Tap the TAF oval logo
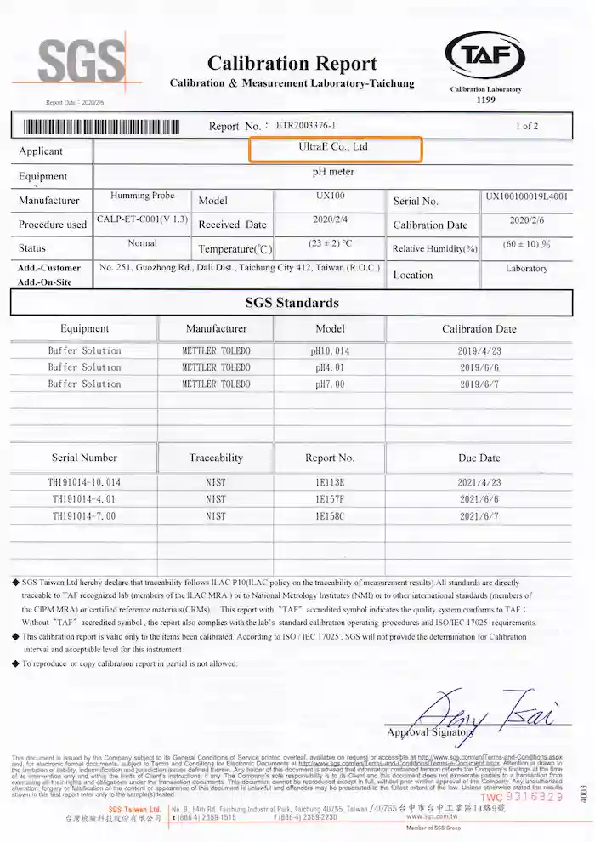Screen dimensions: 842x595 coord(485,56)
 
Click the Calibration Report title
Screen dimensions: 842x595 coord(292,64)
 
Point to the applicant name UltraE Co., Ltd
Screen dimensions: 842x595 coord(334,147)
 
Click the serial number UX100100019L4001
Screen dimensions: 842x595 coord(527,196)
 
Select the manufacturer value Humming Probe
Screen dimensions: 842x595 coord(142,196)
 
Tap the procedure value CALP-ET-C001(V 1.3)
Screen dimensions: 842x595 coord(142,219)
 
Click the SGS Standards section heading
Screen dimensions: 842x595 coord(292,303)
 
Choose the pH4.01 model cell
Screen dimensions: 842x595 coord(330,367)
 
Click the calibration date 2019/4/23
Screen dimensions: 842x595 coord(479,350)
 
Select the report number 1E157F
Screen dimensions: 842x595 coord(330,499)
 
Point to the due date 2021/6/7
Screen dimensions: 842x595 coord(479,515)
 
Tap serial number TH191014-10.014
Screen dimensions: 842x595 coord(84,482)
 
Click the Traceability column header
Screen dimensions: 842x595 coord(216,458)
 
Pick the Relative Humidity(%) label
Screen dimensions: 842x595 coord(435,249)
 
